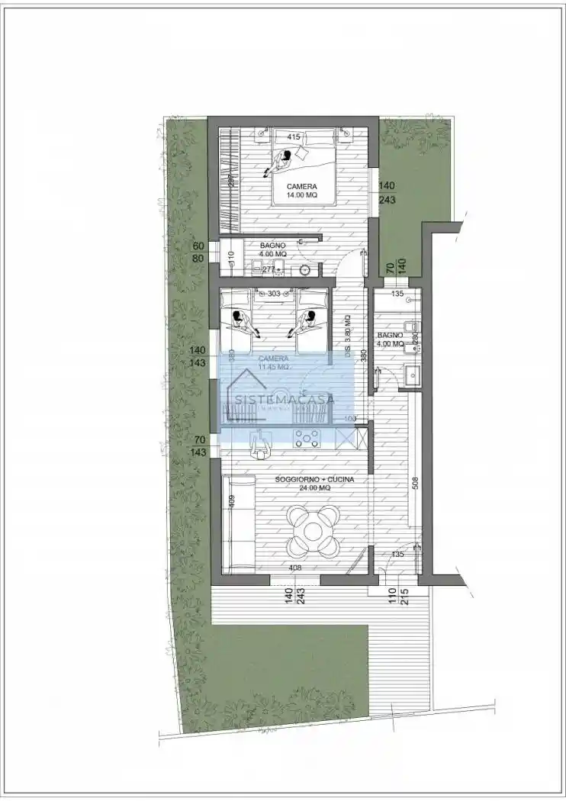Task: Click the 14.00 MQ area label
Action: [x=301, y=196]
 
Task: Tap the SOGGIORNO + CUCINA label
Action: [x=315, y=481]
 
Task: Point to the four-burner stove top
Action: [x=308, y=437]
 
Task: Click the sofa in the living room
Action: [x=240, y=523]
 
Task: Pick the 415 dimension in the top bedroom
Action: [x=293, y=137]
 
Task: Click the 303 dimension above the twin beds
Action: [x=273, y=293]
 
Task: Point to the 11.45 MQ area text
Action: [x=272, y=367]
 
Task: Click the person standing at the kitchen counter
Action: [x=259, y=444]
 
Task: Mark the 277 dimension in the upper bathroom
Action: [x=269, y=269]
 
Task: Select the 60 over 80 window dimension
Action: [x=198, y=253]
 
